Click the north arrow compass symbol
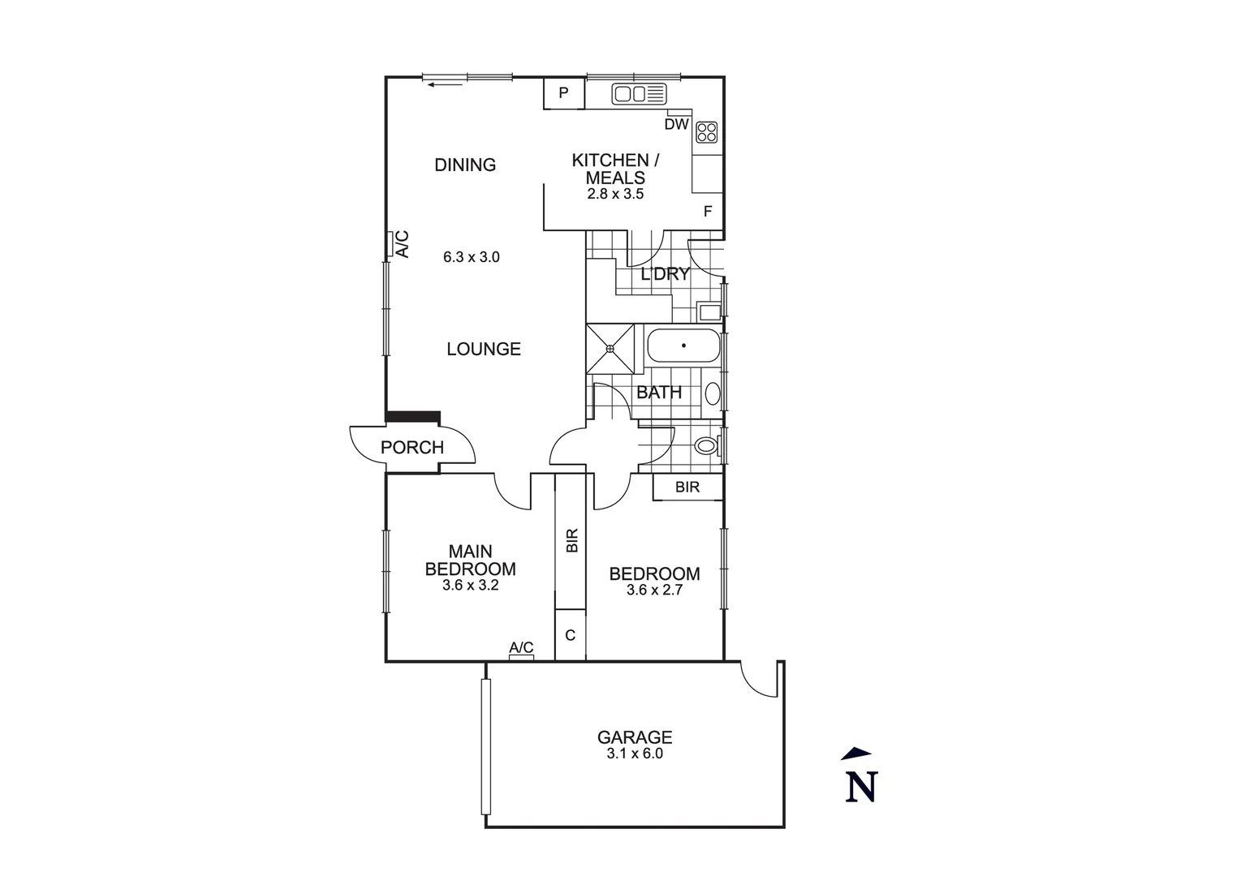tap(860, 776)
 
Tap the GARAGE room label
tap(635, 737)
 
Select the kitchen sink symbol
tap(639, 94)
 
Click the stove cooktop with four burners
tap(706, 132)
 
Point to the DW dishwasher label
tap(676, 125)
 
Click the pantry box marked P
tap(563, 93)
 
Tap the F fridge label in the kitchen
tap(708, 212)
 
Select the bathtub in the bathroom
tap(683, 346)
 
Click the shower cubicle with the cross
tap(610, 348)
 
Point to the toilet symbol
tap(705, 445)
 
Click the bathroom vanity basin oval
tap(712, 394)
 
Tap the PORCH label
tap(412, 448)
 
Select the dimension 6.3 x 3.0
tap(471, 258)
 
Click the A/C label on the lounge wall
tap(402, 244)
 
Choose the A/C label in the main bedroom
tap(521, 647)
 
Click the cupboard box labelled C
tap(570, 635)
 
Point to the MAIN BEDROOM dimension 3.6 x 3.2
tap(470, 585)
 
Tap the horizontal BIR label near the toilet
tap(687, 487)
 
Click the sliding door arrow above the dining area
tap(446, 84)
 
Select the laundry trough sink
tap(709, 311)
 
